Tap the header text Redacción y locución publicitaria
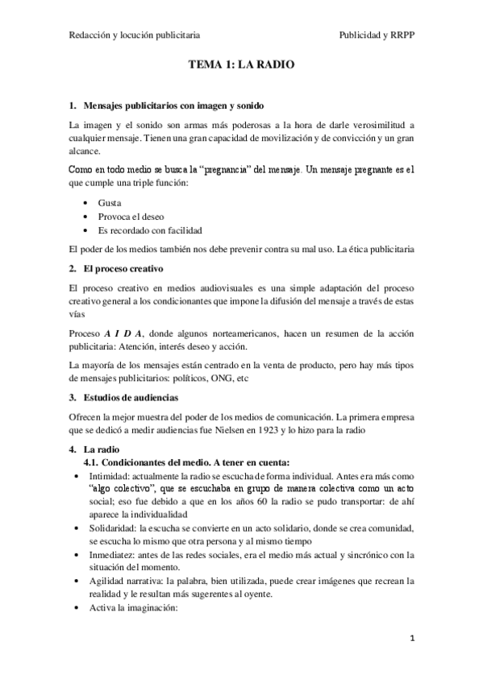(x=135, y=35)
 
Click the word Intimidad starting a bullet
(x=119, y=475)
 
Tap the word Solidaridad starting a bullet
(x=123, y=528)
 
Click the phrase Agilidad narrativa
(x=137, y=581)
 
